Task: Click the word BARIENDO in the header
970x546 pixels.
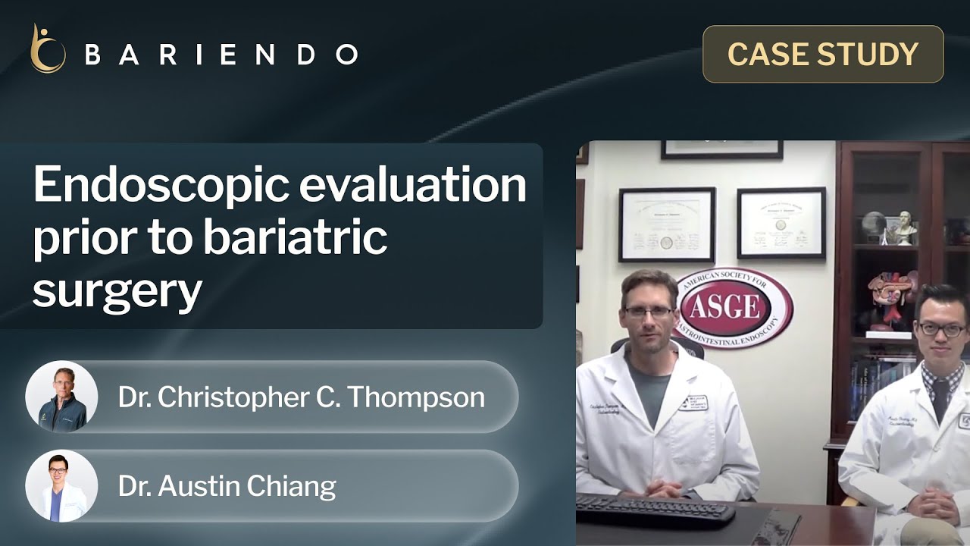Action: [x=221, y=55]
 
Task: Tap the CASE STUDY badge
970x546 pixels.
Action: [x=823, y=54]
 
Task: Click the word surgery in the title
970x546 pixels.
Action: [x=117, y=290]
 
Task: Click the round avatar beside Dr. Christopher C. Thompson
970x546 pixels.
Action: [x=61, y=397]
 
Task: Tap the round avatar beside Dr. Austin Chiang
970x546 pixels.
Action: [x=61, y=486]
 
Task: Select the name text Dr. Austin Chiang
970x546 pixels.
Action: [x=227, y=486]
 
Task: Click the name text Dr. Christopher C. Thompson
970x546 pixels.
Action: [x=301, y=397]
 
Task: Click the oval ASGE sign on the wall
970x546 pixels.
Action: [x=733, y=307]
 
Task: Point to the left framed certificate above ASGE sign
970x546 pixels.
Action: [x=667, y=224]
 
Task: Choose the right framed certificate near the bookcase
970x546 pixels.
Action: [x=781, y=223]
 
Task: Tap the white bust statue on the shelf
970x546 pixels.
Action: [x=904, y=227]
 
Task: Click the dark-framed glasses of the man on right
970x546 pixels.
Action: [x=942, y=330]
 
